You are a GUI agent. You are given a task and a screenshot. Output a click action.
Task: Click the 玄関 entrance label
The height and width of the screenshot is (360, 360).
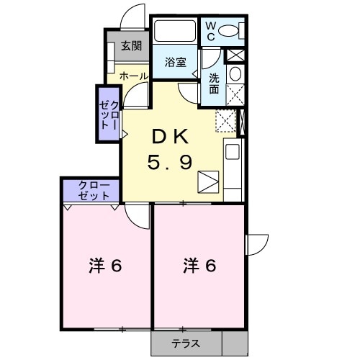pyautogui.click(x=130, y=46)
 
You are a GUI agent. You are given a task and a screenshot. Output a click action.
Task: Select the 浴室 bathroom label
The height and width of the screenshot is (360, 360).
pyautogui.click(x=175, y=62)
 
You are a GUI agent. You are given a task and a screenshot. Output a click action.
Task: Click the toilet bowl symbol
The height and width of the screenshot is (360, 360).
pyautogui.click(x=230, y=30)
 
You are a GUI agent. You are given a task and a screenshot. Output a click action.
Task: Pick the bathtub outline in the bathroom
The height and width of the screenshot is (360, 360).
pyautogui.click(x=176, y=32)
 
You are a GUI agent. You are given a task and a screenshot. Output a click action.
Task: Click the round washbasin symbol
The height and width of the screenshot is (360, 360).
pyautogui.click(x=235, y=73)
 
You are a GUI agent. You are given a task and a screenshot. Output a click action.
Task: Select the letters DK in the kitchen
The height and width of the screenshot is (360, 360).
pyautogui.click(x=170, y=136)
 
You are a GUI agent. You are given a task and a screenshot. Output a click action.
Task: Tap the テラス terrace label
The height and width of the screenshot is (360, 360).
pyautogui.click(x=185, y=343)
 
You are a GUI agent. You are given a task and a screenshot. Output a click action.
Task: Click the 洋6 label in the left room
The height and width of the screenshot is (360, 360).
pyautogui.click(x=105, y=266)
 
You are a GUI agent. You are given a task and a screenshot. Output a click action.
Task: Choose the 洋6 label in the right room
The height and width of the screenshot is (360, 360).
pyautogui.click(x=199, y=266)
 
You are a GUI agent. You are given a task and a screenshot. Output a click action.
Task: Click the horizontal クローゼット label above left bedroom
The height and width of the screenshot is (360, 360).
pyautogui.click(x=91, y=190)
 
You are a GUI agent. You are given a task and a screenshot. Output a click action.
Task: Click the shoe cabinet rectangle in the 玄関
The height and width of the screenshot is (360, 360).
pyautogui.click(x=112, y=56)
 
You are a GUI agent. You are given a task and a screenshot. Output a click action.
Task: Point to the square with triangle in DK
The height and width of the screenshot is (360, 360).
pyautogui.click(x=207, y=181)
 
